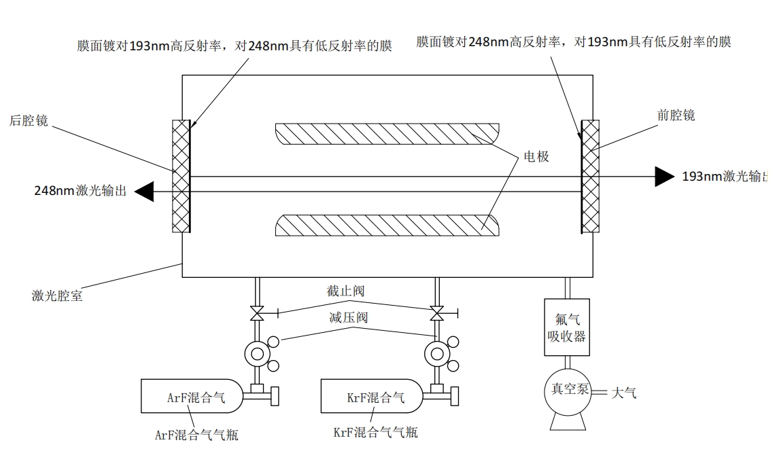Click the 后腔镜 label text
pyautogui.click(x=29, y=120)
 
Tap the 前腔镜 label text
pyautogui.click(x=676, y=115)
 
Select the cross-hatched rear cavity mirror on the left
pyautogui.click(x=181, y=177)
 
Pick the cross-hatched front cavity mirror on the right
pyautogui.click(x=590, y=177)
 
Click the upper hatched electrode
pyautogui.click(x=387, y=134)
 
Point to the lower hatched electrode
pyautogui.click(x=387, y=226)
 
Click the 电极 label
pyautogui.click(x=536, y=156)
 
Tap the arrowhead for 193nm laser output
pyautogui.click(x=665, y=177)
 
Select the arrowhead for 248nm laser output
pyautogui.click(x=144, y=192)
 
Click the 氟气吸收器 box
pyautogui.click(x=567, y=327)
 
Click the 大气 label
pyautogui.click(x=624, y=393)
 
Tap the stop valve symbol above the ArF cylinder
pyautogui.click(x=257, y=313)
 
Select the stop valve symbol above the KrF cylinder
pyautogui.click(x=436, y=313)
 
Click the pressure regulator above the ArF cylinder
pyautogui.click(x=257, y=354)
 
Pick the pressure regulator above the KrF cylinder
pyautogui.click(x=437, y=354)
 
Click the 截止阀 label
pyautogui.click(x=345, y=291)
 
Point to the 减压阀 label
pyautogui.click(x=348, y=317)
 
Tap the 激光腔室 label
pyautogui.click(x=57, y=295)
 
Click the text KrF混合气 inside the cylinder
pyautogui.click(x=376, y=397)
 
